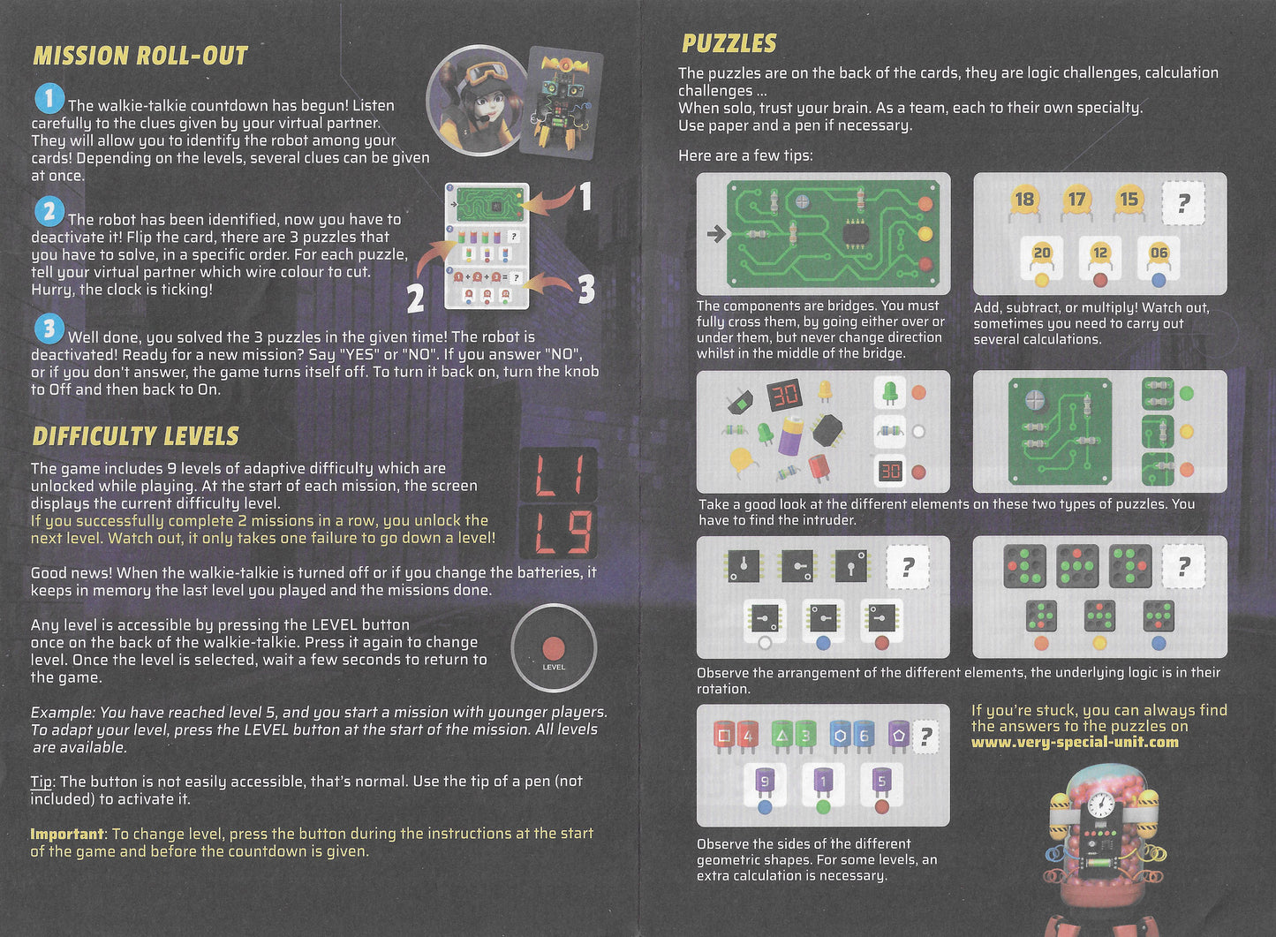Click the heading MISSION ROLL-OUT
140,56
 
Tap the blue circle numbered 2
49,212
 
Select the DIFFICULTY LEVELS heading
136,436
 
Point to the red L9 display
558,532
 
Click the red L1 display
558,475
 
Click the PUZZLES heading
729,43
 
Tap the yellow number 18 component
1025,201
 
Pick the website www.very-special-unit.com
1075,742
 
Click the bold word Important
67,834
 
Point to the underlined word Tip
42,782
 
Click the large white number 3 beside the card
586,290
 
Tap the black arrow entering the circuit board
716,233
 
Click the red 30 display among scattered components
785,396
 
